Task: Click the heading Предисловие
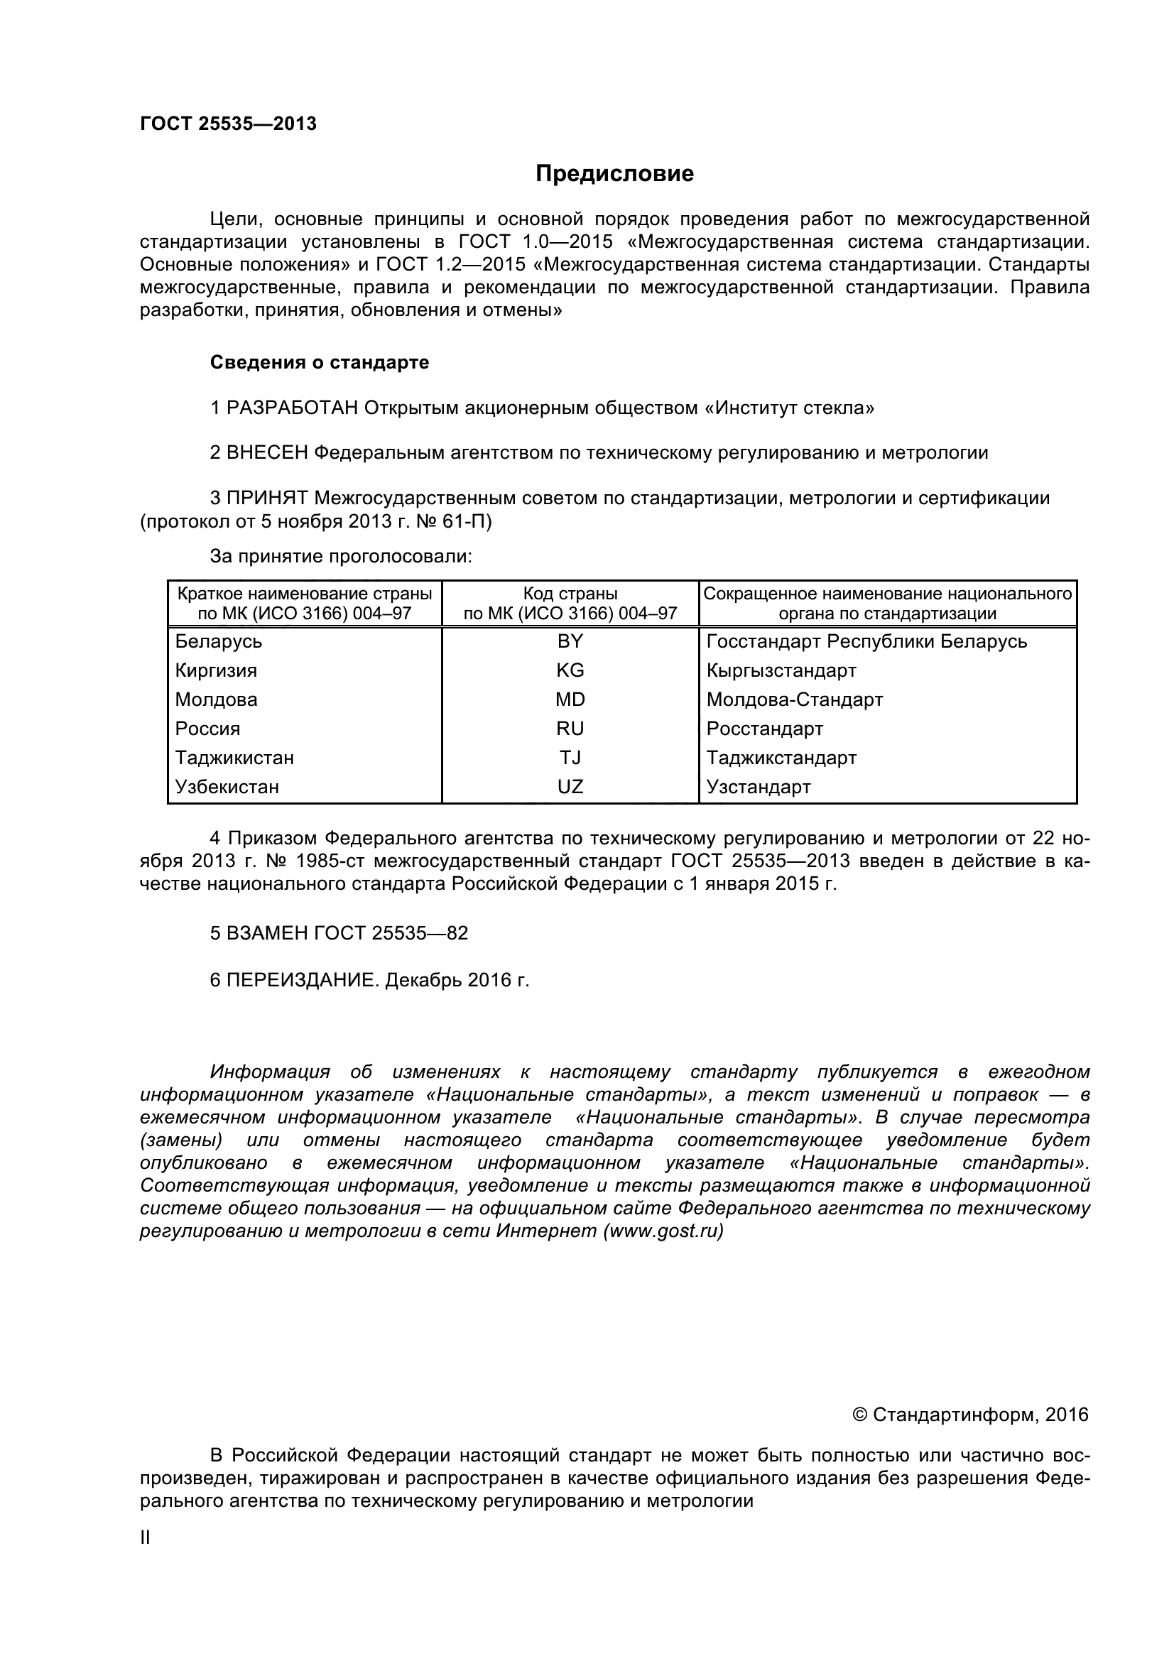614,173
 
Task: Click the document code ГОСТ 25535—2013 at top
228,124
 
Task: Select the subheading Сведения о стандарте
319,362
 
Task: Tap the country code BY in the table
570,641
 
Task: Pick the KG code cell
570,670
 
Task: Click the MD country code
570,699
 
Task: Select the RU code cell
570,729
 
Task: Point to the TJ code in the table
570,758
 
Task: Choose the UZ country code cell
570,786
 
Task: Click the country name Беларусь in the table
219,641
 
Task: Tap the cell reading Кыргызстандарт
781,670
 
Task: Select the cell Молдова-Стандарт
794,699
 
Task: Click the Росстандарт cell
765,729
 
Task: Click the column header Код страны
570,594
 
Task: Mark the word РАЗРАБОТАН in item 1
292,408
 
